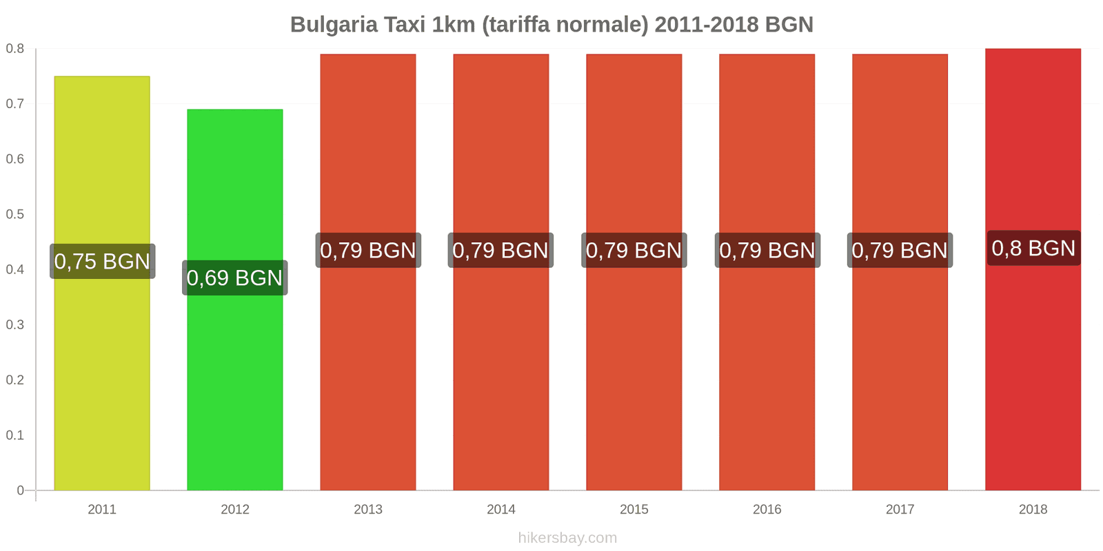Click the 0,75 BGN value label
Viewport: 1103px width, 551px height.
[x=102, y=261]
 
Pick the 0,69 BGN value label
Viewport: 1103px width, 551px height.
[x=235, y=278]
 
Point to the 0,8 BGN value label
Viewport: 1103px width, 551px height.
[x=1033, y=248]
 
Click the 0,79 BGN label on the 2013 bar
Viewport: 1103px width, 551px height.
[x=368, y=250]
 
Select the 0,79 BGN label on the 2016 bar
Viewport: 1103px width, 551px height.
[x=767, y=250]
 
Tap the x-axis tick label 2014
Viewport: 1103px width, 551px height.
[x=501, y=509]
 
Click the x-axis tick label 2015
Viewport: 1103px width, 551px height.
[x=634, y=509]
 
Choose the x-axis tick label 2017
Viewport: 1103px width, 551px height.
[x=900, y=509]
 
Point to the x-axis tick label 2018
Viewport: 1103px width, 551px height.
[x=1033, y=509]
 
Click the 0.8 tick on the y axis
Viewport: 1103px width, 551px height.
[x=15, y=49]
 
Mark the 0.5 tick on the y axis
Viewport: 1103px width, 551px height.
[x=15, y=214]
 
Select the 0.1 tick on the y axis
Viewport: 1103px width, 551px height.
[x=15, y=435]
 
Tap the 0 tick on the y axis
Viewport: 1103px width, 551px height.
[x=21, y=490]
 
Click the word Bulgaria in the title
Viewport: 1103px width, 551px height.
[x=334, y=25]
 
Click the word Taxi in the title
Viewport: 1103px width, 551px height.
[x=405, y=25]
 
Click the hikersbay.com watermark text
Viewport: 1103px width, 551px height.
[x=567, y=537]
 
